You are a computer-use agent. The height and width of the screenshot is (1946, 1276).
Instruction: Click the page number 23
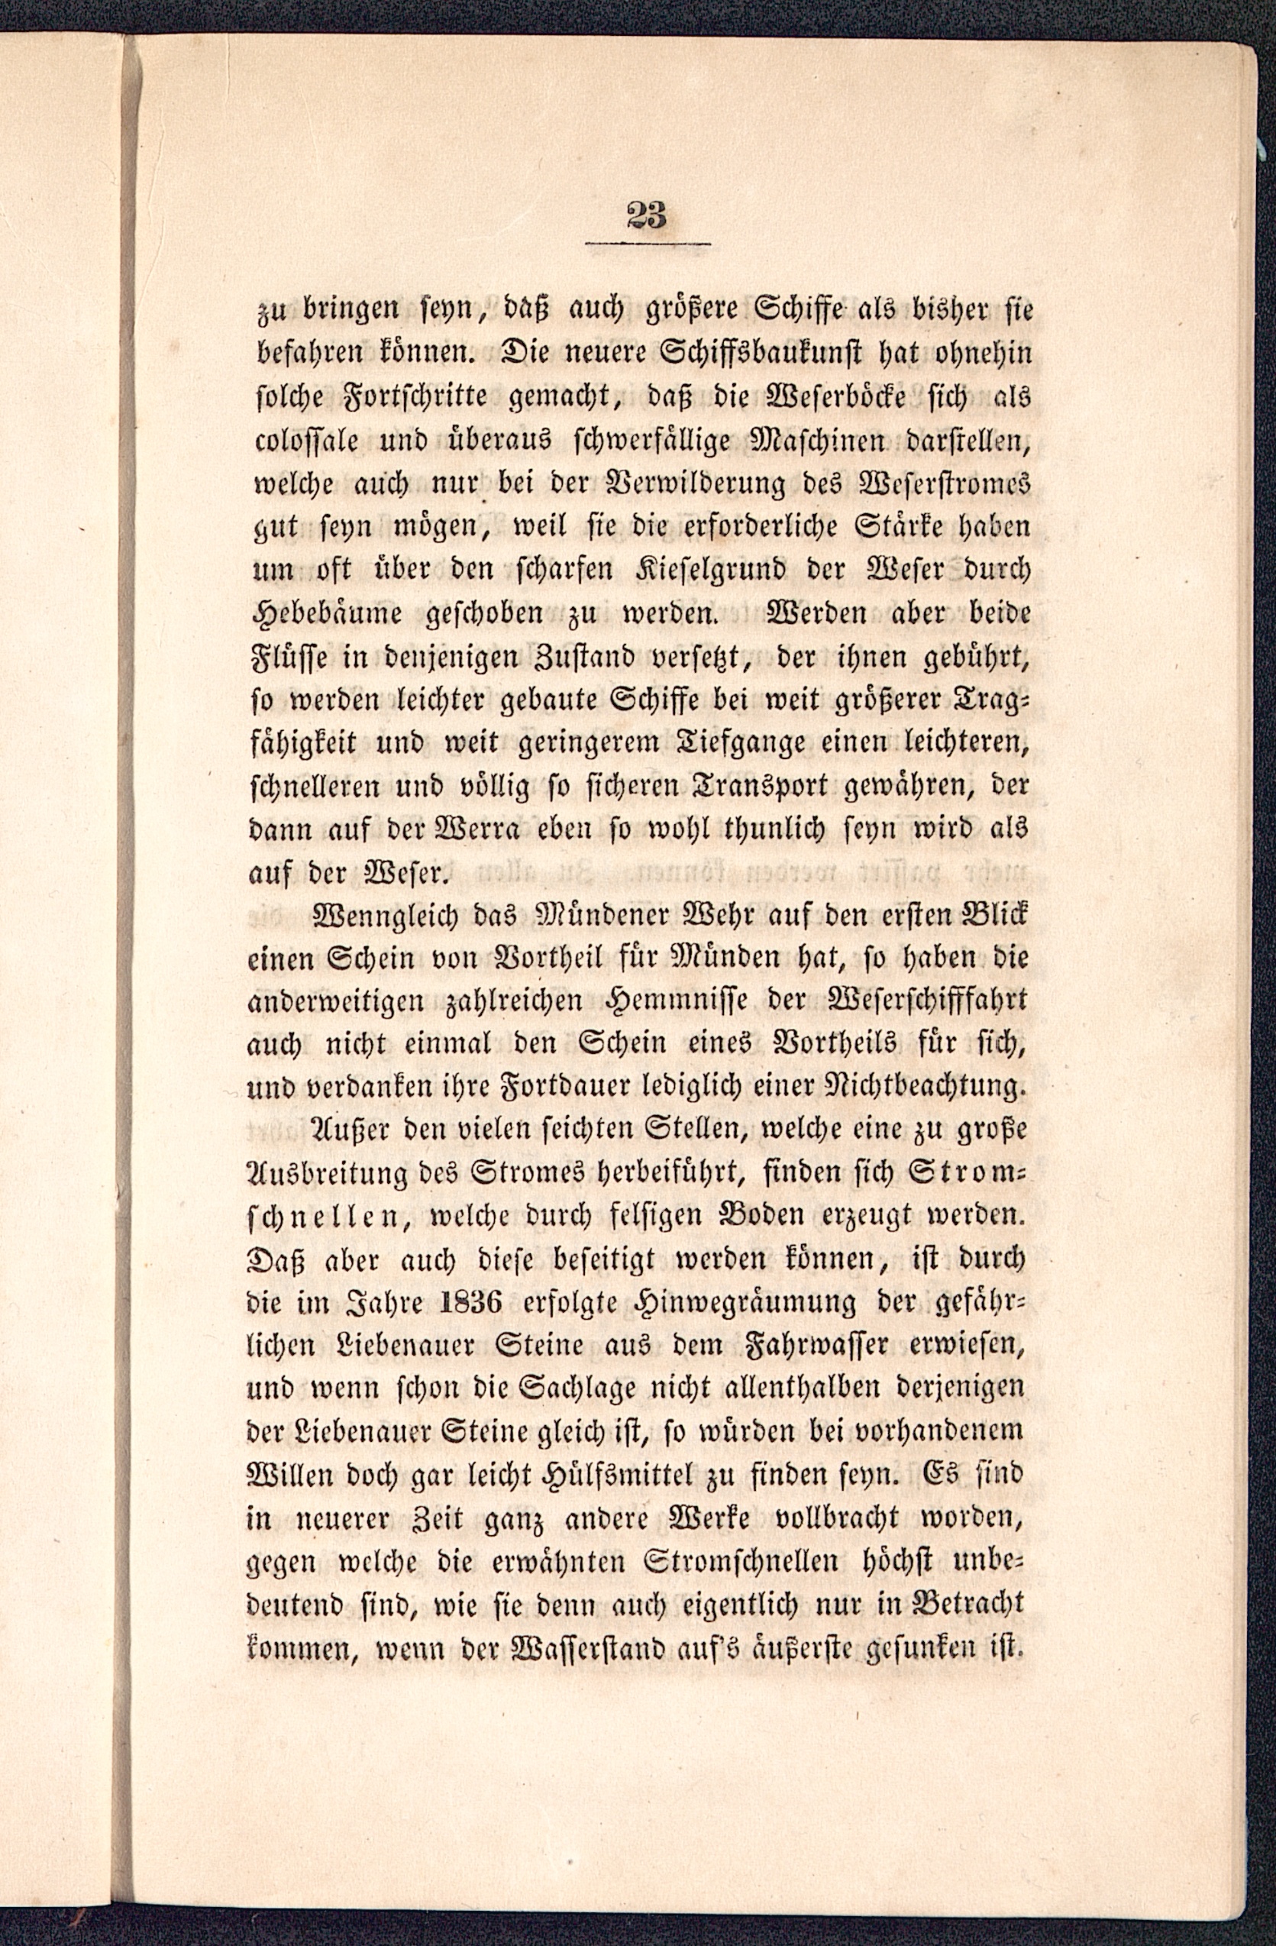point(648,216)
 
